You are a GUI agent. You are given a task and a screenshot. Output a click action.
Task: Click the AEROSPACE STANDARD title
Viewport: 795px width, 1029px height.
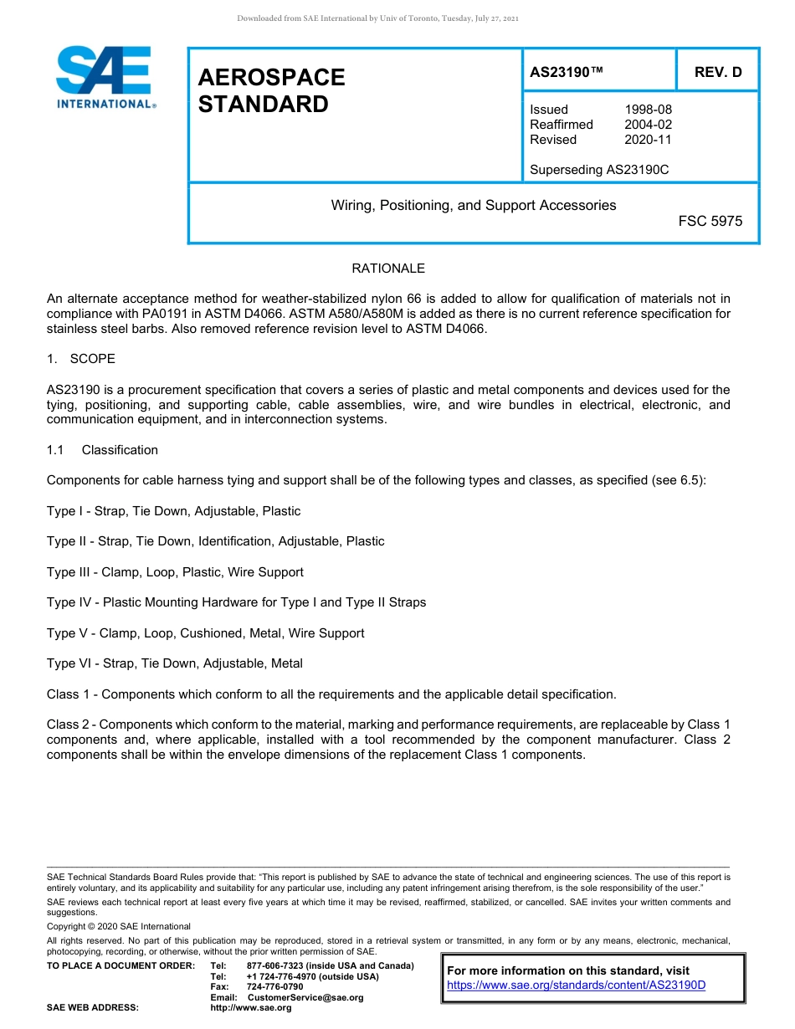coord(271,90)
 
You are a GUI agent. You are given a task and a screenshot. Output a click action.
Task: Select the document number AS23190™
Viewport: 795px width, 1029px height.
coord(567,72)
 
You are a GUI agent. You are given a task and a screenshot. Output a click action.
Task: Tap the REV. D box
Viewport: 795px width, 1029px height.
coord(718,72)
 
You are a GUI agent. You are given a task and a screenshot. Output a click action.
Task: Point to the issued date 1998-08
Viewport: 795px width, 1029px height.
coord(648,110)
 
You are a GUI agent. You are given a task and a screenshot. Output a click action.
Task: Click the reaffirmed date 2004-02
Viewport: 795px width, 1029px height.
coord(648,125)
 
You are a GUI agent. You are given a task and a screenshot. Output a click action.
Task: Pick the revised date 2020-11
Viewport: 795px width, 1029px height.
coord(648,140)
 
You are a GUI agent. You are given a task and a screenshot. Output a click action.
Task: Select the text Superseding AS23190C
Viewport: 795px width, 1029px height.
coord(599,170)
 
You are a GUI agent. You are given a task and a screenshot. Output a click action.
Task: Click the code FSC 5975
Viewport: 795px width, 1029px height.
coord(710,222)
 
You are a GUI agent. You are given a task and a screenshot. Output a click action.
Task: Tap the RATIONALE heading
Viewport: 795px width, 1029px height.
coord(388,269)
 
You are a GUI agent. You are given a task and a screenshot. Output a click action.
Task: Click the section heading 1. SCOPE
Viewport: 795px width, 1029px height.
coord(81,359)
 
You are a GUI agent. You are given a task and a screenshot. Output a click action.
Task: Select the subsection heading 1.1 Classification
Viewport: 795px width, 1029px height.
coord(102,450)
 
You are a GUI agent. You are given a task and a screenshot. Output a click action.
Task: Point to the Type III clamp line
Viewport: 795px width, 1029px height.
coord(175,572)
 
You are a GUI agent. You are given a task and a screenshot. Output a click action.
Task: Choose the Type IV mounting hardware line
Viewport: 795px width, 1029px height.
coord(236,602)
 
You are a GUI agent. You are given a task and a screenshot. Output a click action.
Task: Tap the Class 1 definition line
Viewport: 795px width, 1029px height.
coord(331,694)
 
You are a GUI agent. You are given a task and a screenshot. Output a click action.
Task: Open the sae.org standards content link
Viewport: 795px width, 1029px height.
coord(577,985)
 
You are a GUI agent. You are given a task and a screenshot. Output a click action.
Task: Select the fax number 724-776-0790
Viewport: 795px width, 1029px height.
coord(275,986)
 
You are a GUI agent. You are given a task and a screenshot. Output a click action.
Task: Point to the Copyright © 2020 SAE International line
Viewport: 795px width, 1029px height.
coord(119,926)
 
